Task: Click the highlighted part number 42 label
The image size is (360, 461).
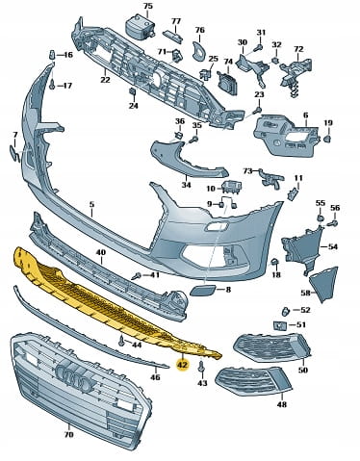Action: tap(183, 365)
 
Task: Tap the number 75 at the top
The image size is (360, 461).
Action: tap(148, 6)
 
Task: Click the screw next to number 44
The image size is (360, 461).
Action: tap(121, 341)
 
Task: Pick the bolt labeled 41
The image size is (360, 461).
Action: tap(137, 275)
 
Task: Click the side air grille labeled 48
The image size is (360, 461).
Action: tap(252, 381)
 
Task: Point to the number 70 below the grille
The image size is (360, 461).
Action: tap(68, 434)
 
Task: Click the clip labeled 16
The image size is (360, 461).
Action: tap(52, 55)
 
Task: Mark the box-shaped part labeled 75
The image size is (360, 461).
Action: tap(139, 25)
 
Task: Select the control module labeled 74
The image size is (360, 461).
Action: tap(227, 83)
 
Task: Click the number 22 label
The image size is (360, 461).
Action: tap(105, 79)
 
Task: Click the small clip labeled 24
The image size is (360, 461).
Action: tap(132, 91)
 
